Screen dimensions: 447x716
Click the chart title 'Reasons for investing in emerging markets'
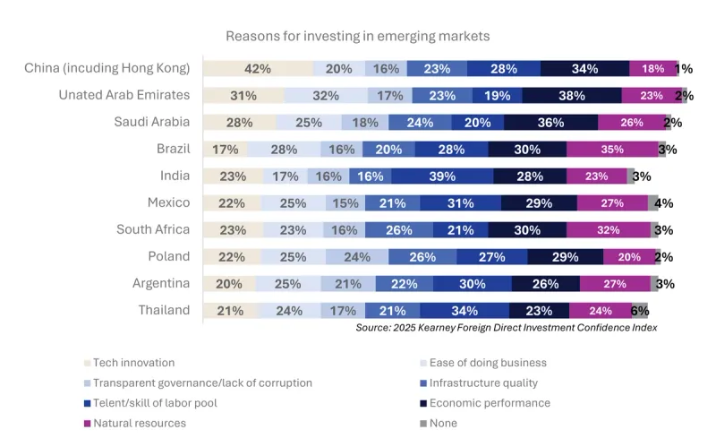pyautogui.click(x=357, y=36)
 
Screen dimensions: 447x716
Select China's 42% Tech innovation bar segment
pyautogui.click(x=258, y=69)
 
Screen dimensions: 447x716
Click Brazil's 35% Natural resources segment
pyautogui.click(x=611, y=150)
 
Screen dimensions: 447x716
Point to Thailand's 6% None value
pyautogui.click(x=639, y=311)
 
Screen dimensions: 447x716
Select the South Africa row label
pyautogui.click(x=153, y=229)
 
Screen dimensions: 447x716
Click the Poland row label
pyautogui.click(x=168, y=256)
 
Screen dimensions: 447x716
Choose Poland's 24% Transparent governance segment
pyautogui.click(x=356, y=257)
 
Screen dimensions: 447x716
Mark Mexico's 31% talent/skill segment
pyautogui.click(x=460, y=203)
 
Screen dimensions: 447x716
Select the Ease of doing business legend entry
pyautogui.click(x=488, y=363)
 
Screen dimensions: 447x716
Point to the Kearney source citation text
pyautogui.click(x=506, y=328)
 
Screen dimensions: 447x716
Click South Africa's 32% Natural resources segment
pyautogui.click(x=608, y=230)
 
